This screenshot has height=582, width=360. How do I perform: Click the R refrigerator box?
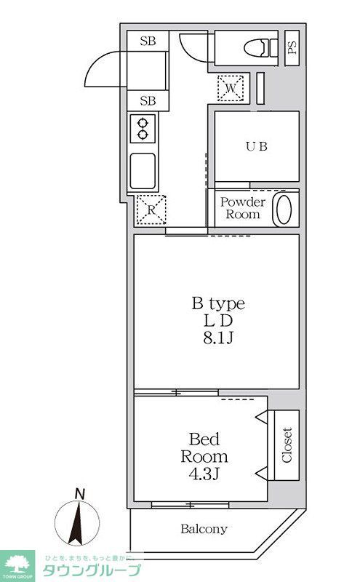click(x=151, y=211)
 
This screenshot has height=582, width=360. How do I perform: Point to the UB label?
click(x=255, y=145)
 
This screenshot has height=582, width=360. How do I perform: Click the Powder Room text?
click(x=243, y=208)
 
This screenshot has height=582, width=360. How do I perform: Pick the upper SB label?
click(x=148, y=41)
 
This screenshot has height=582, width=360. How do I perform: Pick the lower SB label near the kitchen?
click(x=148, y=100)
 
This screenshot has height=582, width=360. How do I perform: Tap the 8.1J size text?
click(x=217, y=337)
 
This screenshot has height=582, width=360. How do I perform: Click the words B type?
click(x=217, y=303)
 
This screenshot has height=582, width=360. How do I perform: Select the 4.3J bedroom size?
click(x=204, y=474)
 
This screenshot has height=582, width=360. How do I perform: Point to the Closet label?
click(x=287, y=445)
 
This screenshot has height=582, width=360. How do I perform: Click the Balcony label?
click(x=204, y=529)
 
